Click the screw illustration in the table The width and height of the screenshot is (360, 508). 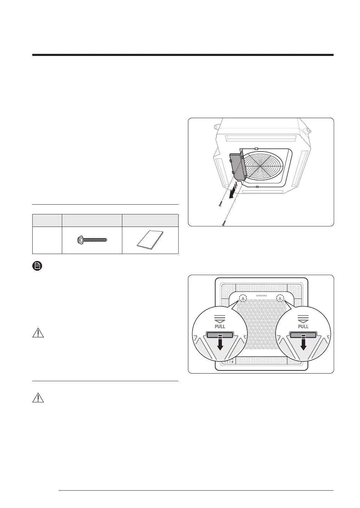tap(92, 239)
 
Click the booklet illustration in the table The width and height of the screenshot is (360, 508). tap(150, 240)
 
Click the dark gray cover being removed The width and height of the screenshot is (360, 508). tap(238, 165)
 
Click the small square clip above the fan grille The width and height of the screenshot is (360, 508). tap(256, 149)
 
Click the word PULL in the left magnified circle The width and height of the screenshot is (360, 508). tap(220, 327)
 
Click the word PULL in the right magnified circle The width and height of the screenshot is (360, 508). tap(303, 327)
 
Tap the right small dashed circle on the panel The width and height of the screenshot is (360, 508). tap(280, 298)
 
